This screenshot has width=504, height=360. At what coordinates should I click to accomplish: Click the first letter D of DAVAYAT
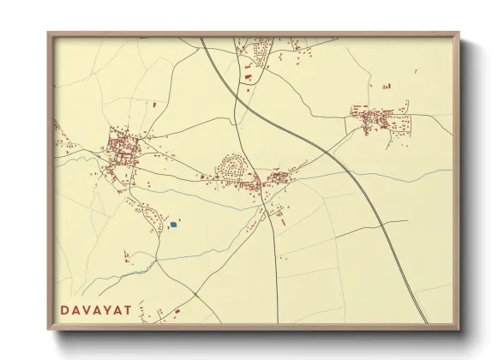[x=65, y=309]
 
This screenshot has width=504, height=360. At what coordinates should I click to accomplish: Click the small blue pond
[x=173, y=225]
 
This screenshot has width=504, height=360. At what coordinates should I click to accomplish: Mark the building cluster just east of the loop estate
[x=279, y=178]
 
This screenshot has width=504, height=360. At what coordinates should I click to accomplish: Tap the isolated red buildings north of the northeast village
[x=385, y=85]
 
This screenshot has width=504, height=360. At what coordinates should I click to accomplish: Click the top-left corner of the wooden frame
[x=49, y=33]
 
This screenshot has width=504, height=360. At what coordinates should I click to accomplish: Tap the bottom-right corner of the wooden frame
[x=459, y=329]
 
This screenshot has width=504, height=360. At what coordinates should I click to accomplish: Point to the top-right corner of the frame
[x=459, y=33]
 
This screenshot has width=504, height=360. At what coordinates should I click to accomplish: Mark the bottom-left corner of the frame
[x=49, y=329]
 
